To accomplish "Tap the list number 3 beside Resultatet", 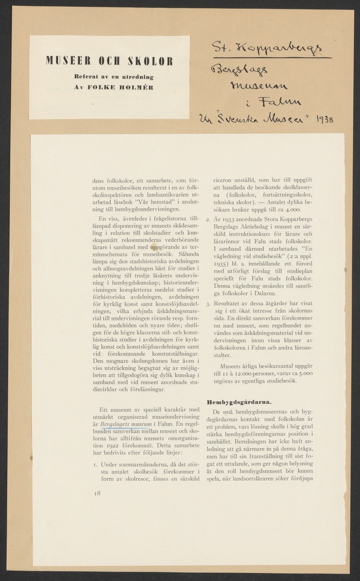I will tap(207, 305).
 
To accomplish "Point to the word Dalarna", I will tap(278, 294).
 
